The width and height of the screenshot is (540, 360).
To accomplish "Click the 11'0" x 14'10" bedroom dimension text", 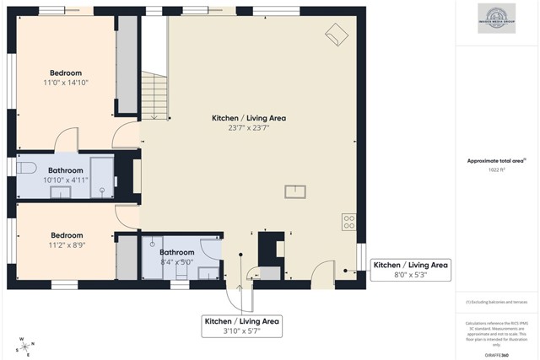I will pos(66,83).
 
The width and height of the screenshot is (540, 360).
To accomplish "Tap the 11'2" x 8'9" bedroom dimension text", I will pos(67,245).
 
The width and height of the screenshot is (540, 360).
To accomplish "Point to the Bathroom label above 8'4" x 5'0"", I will pos(177,252).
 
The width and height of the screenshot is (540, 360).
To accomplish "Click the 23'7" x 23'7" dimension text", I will pos(248,128).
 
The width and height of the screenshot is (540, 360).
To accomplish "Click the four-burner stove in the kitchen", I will pos(348,222).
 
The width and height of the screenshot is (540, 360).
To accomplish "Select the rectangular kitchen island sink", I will pos(295,191).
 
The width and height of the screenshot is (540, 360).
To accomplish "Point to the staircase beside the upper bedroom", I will pos(154,93).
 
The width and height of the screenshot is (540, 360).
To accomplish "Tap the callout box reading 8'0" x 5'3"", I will pos(411,270).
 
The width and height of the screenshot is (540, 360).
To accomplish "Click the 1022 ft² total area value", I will pos(497,169).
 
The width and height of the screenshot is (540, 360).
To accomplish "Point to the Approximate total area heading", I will pos(497,160).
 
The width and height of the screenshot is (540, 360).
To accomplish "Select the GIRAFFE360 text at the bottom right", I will pos(497,355).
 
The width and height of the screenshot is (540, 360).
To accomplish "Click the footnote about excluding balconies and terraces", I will pos(497,301).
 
